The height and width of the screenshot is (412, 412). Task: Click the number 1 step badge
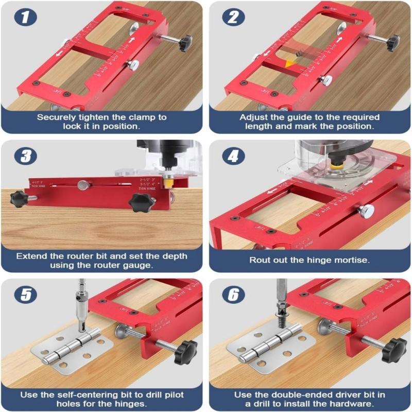point(24,17)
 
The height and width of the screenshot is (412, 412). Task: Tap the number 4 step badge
point(234,156)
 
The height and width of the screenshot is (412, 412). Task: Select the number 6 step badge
point(234,295)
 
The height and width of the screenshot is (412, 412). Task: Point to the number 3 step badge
point(24,156)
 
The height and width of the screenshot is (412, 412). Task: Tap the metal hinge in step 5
point(72,351)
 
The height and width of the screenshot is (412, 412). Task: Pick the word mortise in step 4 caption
point(351,260)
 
